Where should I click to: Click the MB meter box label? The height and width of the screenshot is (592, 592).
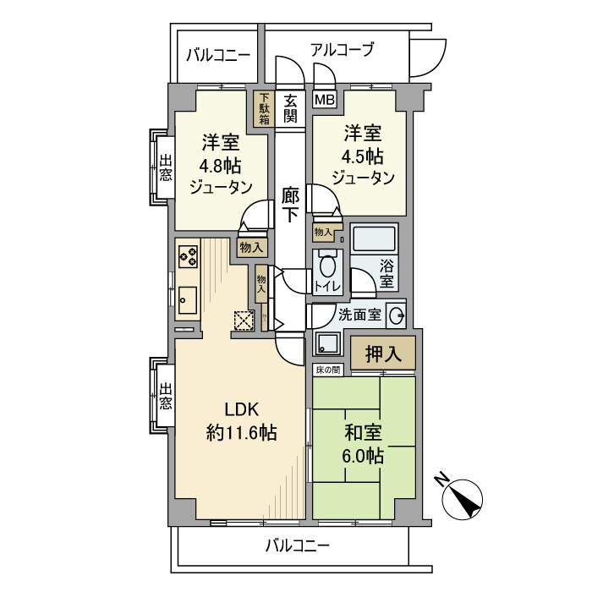325,100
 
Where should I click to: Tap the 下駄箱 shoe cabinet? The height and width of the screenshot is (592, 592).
265,108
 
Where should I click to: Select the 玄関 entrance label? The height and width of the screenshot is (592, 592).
289,107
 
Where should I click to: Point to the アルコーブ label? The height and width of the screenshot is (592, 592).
342,50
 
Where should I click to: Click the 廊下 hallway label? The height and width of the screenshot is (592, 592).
289,206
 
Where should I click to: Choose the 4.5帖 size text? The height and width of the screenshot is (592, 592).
363,156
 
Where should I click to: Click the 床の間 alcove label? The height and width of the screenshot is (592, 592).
328,370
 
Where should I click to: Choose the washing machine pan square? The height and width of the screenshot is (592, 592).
326,343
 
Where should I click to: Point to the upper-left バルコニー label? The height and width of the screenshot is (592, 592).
217,56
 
